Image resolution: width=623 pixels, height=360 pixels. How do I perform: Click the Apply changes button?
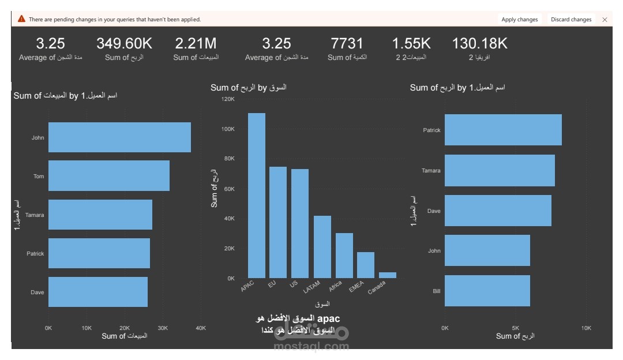point(519,19)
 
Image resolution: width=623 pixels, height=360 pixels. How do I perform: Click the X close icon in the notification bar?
point(605,19)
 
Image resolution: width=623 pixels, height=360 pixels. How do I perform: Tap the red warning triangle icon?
point(21,19)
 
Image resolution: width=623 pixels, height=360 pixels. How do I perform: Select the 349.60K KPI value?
point(124,43)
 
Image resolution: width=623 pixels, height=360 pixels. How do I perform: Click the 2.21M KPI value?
point(196,43)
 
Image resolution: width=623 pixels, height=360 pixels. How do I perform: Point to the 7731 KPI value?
point(347,43)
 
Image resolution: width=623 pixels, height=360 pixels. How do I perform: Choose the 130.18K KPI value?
point(479,43)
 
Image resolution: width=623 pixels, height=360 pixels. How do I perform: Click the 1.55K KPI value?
point(411,43)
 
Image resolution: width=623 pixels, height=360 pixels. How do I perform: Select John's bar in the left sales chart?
point(119,137)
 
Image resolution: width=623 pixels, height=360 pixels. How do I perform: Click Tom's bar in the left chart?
point(109,176)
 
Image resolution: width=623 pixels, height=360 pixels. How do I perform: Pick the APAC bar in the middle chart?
point(257,196)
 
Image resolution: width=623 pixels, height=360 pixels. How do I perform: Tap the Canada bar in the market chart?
point(388,275)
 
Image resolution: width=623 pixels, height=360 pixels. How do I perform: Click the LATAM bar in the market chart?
point(322,247)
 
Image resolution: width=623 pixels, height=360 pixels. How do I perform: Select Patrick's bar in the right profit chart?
point(503,130)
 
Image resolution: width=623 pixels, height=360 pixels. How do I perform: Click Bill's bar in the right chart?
point(487,291)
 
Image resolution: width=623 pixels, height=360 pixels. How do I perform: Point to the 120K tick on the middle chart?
point(228,99)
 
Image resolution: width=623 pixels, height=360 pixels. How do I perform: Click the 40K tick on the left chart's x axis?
point(201,328)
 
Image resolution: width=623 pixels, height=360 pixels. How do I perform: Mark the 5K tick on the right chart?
point(515,328)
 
